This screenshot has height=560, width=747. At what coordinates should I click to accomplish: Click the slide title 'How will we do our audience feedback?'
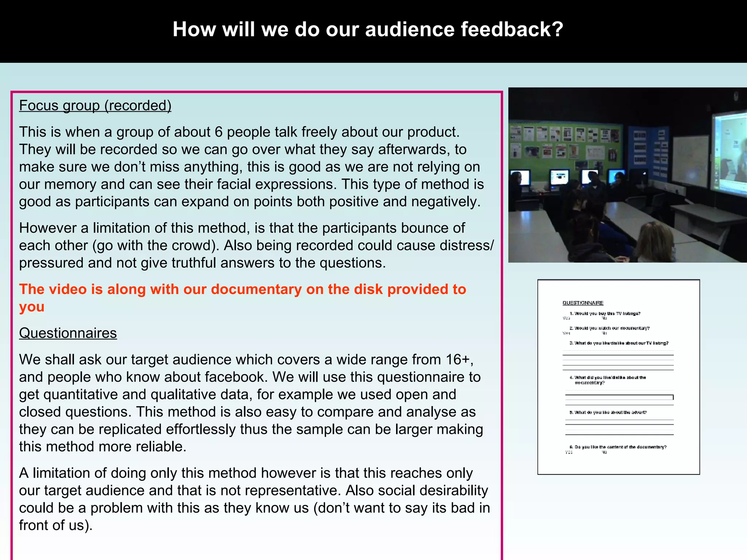(x=368, y=30)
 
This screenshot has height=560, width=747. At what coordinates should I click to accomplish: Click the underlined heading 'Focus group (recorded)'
(x=95, y=106)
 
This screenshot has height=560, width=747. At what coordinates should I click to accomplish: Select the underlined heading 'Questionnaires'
(x=68, y=333)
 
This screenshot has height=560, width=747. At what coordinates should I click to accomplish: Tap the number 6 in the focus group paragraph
(x=218, y=132)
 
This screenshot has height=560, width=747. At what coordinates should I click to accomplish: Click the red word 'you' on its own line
(x=32, y=307)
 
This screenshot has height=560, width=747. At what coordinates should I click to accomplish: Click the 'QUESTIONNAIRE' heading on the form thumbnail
(x=583, y=303)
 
